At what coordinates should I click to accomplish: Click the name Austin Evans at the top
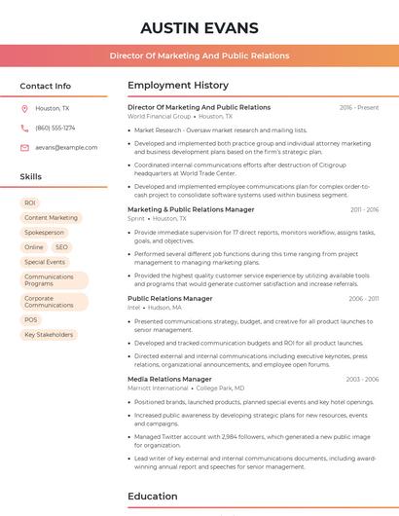click(x=199, y=27)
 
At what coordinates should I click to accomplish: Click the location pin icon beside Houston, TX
click(x=24, y=109)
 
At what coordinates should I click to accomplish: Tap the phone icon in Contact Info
click(x=24, y=128)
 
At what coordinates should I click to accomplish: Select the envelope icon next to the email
click(x=24, y=147)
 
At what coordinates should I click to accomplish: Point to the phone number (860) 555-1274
click(x=54, y=128)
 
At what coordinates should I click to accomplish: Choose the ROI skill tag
click(x=30, y=203)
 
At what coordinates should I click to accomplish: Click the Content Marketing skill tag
click(x=51, y=218)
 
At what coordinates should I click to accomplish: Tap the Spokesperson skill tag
click(x=44, y=233)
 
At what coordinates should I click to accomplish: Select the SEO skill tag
click(x=61, y=247)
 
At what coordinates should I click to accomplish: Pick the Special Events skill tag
click(x=45, y=262)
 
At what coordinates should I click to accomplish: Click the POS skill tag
click(x=31, y=319)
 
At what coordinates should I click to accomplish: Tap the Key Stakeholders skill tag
click(x=49, y=335)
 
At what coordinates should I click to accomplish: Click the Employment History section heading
click(x=178, y=86)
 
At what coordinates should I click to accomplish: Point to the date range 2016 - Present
click(x=359, y=108)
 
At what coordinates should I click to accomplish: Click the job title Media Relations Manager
click(x=169, y=379)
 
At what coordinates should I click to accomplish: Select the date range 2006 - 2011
click(x=363, y=299)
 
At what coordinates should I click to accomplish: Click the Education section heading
click(x=153, y=496)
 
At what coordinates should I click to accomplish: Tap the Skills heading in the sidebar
click(x=31, y=177)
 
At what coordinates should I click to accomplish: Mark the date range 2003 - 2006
click(x=362, y=380)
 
